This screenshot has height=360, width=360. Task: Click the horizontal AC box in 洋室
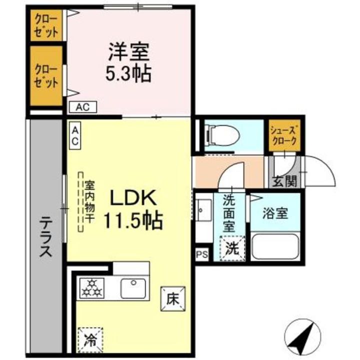82,106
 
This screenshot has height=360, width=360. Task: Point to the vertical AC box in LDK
74,135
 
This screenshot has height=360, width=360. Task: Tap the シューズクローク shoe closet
284,135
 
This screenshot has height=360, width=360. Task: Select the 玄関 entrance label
283,181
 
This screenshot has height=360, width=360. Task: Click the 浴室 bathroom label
275,213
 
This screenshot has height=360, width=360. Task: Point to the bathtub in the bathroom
274,246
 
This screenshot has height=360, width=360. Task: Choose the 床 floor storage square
172,299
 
